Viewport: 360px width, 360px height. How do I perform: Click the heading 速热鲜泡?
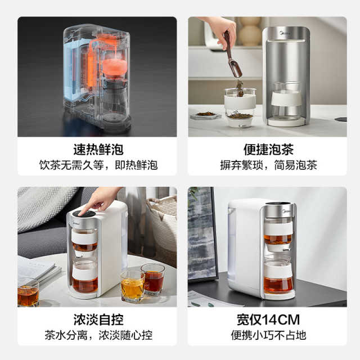(98, 150)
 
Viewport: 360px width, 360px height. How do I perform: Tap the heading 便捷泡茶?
(268, 150)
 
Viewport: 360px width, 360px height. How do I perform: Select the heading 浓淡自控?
(98, 319)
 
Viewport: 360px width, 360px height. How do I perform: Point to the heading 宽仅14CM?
(268, 319)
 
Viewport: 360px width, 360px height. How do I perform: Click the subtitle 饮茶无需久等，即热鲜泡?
(98, 165)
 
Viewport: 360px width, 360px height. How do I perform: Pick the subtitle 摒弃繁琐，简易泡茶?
(268, 165)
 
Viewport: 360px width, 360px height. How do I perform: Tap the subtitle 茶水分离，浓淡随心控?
(98, 335)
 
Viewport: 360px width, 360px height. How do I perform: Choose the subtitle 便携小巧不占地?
(268, 335)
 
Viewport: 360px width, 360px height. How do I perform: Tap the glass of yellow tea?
(132, 286)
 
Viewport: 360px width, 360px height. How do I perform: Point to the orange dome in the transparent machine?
(114, 67)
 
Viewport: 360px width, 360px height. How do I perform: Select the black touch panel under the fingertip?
(84, 214)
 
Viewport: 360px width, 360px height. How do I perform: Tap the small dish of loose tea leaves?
(206, 115)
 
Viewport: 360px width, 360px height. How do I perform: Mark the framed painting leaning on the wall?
(202, 234)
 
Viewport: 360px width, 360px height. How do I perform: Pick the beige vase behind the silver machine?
(250, 31)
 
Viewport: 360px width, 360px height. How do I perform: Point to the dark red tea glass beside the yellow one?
(153, 280)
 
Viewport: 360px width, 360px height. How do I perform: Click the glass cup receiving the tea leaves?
(240, 107)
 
